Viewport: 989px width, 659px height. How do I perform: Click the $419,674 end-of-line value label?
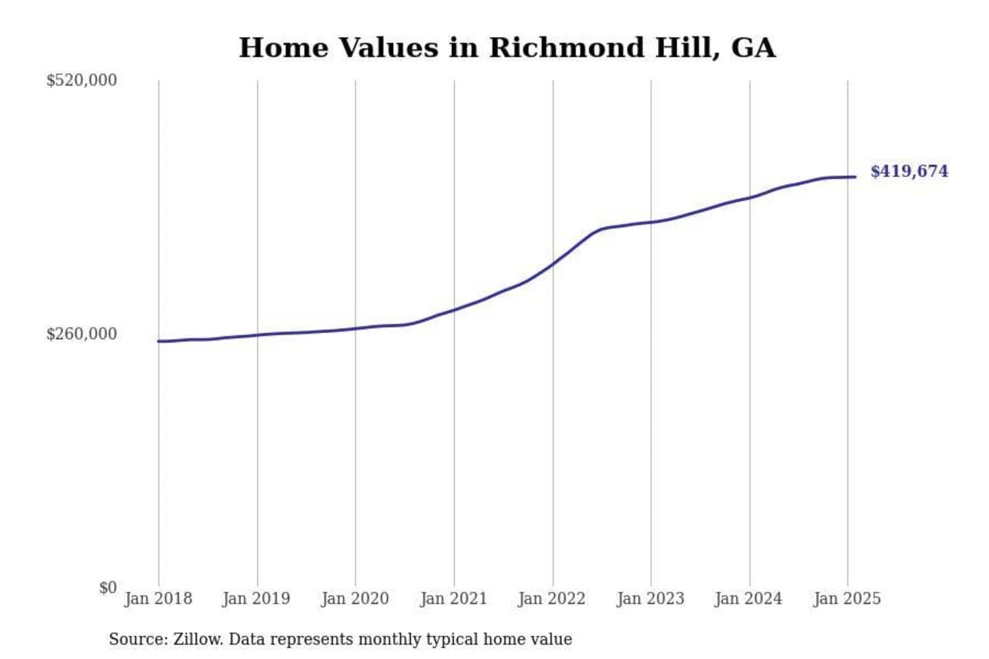point(909,172)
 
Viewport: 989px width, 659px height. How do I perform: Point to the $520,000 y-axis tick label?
point(82,80)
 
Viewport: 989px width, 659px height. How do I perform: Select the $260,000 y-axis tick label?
point(82,334)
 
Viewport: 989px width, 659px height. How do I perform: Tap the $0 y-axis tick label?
point(108,588)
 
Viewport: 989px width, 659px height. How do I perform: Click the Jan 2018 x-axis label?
point(158,599)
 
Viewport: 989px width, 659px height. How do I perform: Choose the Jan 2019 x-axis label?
point(256,599)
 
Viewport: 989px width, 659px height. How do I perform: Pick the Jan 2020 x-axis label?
point(355,599)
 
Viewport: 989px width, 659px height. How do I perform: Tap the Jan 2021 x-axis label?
point(453,599)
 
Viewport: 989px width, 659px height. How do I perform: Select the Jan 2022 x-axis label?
point(552,599)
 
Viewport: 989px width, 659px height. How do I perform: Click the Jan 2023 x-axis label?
point(650,599)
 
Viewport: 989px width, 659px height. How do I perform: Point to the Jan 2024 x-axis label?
point(749,599)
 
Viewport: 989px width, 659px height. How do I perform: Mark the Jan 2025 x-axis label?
point(847,599)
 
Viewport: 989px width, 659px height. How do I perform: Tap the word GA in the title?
point(753,48)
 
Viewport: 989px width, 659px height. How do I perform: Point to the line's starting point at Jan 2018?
point(159,341)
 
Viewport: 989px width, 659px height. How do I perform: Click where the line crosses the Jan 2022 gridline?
point(553,264)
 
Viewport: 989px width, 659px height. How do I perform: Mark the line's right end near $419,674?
point(855,177)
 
